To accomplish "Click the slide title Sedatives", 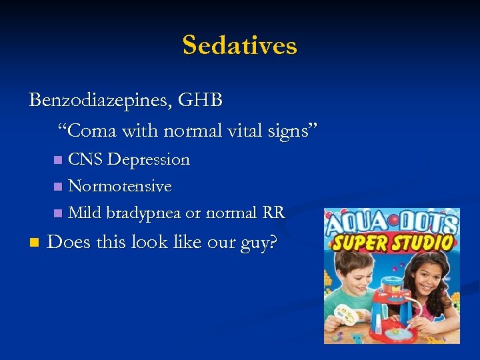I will pos(239,45).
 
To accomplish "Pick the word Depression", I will pos(149,159).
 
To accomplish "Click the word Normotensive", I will pos(120,186).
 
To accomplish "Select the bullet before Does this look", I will pos(34,242).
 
